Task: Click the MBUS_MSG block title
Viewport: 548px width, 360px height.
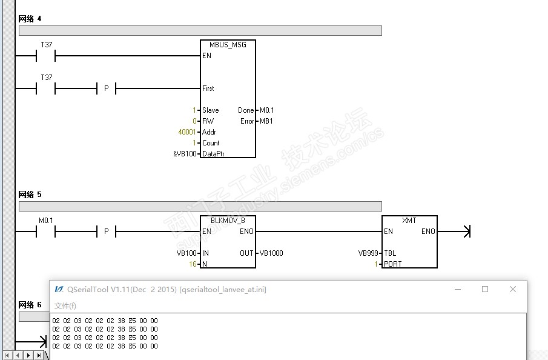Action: click(x=228, y=45)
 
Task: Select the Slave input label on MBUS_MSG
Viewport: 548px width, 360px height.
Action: click(x=211, y=110)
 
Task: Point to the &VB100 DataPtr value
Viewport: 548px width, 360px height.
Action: click(x=185, y=154)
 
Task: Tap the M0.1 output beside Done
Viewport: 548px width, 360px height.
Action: click(x=266, y=110)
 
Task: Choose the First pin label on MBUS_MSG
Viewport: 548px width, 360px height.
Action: click(x=208, y=88)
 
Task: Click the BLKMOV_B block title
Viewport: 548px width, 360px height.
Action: click(x=228, y=221)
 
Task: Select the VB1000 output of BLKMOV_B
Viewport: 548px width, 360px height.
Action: click(x=271, y=253)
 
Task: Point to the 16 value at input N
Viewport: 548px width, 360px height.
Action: click(x=193, y=264)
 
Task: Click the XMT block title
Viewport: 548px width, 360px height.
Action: click(x=409, y=221)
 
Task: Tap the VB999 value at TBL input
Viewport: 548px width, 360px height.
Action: click(x=368, y=253)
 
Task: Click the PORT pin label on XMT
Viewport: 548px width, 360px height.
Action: click(x=393, y=264)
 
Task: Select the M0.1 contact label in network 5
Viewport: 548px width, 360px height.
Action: click(x=46, y=220)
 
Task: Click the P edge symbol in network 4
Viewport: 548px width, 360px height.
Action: click(x=107, y=88)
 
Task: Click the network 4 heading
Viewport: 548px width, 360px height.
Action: click(x=30, y=19)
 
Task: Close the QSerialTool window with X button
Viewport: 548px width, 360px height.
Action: click(x=513, y=289)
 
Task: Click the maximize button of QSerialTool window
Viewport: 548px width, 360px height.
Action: click(x=485, y=289)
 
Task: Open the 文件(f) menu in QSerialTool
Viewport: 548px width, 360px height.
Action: click(x=65, y=305)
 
